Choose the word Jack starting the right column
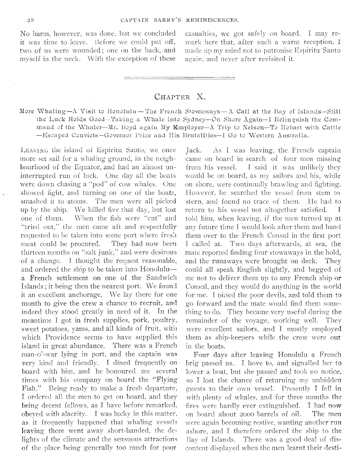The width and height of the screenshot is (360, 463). [193, 150]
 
